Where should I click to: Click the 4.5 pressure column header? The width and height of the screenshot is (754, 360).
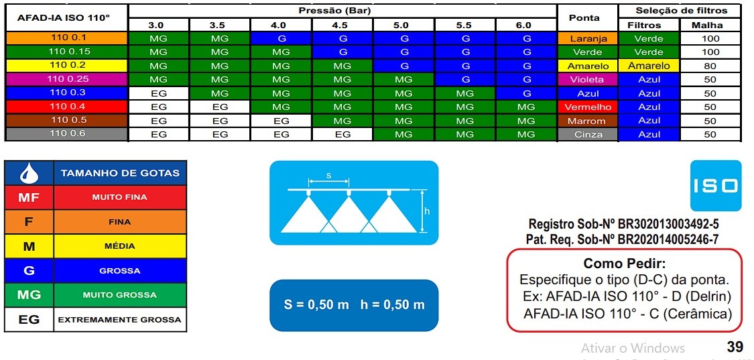coord(342,25)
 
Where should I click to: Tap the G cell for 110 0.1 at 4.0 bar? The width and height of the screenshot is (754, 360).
coord(281,39)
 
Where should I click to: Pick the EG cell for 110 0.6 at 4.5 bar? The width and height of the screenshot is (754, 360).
coord(342,135)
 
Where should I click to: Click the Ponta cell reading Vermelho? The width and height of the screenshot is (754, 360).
coord(588,107)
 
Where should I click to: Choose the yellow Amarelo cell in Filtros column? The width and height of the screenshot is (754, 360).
coord(649,66)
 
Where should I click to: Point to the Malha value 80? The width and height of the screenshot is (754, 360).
coord(710,66)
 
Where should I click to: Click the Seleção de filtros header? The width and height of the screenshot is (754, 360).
coord(682,11)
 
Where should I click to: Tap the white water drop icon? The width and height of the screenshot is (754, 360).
coord(29,173)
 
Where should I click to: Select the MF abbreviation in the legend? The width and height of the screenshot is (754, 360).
coord(29,197)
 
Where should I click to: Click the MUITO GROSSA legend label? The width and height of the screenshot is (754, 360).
coord(120,295)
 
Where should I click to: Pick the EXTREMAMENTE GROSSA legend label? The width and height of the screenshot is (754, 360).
coord(120,320)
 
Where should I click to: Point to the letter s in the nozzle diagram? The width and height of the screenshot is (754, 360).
coord(329,176)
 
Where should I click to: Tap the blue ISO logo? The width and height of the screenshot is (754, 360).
coord(716,186)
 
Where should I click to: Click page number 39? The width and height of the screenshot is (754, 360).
coord(735,347)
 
